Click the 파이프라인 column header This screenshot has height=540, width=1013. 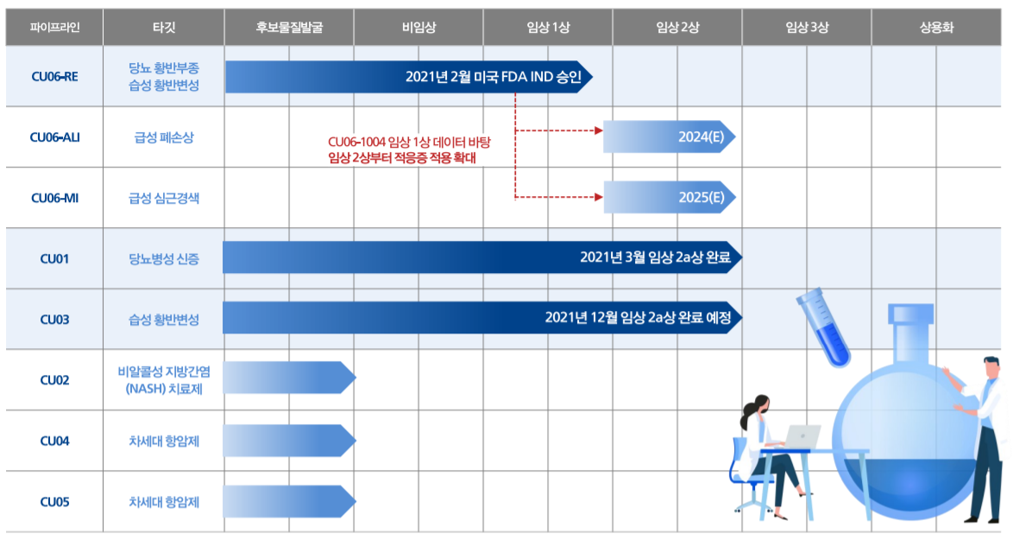[x=54, y=27]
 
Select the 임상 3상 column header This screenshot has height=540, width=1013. [x=806, y=27]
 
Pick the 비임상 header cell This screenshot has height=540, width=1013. [x=418, y=27]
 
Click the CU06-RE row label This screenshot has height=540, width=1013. [x=54, y=76]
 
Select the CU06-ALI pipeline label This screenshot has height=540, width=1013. [x=54, y=137]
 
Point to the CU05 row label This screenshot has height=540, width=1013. [x=54, y=501]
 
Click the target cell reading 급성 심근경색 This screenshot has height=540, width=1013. [x=163, y=197]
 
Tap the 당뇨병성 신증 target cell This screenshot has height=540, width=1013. [x=163, y=258]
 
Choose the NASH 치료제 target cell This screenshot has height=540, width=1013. [x=163, y=379]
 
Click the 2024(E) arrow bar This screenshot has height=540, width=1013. [x=669, y=137]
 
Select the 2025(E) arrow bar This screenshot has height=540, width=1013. [x=669, y=197]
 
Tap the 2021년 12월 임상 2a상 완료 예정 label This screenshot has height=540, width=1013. [x=638, y=318]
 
